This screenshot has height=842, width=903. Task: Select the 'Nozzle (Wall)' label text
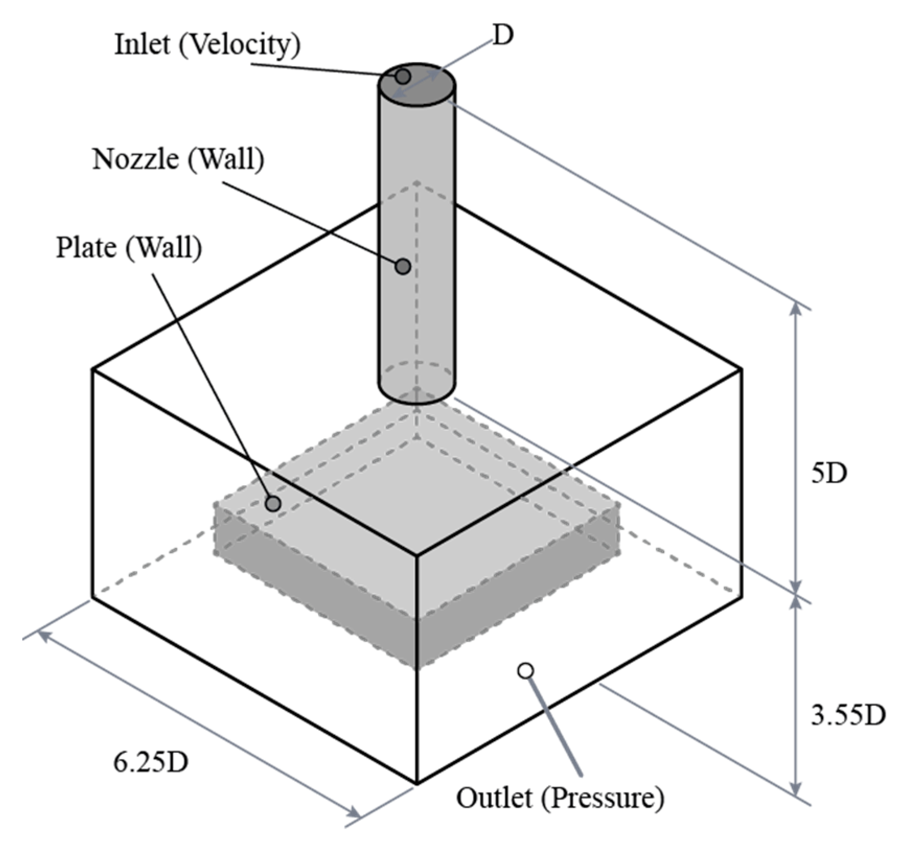[x=178, y=159]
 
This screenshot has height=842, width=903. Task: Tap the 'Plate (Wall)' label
[x=129, y=248]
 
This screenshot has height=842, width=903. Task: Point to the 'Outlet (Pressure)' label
[x=560, y=798]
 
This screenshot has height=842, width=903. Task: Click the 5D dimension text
[x=828, y=474]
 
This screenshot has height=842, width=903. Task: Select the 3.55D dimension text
[x=848, y=716]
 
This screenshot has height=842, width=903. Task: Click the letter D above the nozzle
[x=503, y=36]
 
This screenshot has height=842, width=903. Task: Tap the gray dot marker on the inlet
[x=402, y=77]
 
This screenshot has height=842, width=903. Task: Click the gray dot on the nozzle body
[x=403, y=266]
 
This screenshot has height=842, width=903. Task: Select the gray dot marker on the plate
[x=273, y=504]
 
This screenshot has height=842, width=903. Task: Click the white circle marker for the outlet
[x=526, y=670]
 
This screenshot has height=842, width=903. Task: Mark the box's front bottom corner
[x=416, y=782]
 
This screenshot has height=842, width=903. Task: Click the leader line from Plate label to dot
[x=214, y=387]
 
